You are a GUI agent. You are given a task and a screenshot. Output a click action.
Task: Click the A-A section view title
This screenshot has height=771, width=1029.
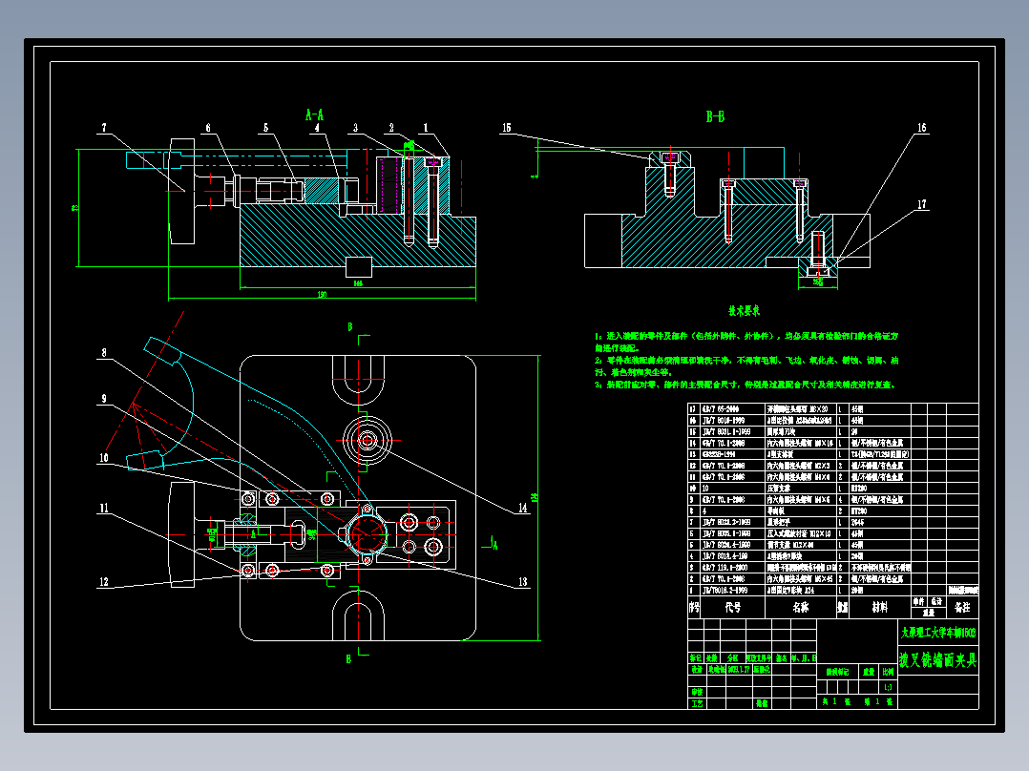pyautogui.click(x=314, y=115)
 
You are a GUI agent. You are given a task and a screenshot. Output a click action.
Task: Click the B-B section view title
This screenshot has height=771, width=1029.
pyautogui.click(x=715, y=117)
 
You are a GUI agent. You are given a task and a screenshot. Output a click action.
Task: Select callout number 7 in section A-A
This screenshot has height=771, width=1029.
pyautogui.click(x=105, y=126)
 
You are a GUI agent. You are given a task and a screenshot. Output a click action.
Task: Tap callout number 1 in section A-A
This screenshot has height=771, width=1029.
pyautogui.click(x=426, y=126)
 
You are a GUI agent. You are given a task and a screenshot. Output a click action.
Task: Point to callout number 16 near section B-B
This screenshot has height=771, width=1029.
pyautogui.click(x=921, y=127)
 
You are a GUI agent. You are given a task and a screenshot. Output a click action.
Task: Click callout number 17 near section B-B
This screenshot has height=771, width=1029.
pyautogui.click(x=921, y=203)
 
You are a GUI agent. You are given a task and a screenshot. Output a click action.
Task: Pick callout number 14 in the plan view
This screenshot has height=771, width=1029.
pyautogui.click(x=522, y=509)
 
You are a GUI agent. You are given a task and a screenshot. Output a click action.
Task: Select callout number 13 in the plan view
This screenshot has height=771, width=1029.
pyautogui.click(x=522, y=582)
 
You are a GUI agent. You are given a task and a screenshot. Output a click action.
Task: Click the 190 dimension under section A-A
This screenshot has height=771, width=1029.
pyautogui.click(x=322, y=295)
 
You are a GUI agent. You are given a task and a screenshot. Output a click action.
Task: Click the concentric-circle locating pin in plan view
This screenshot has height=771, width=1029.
pyautogui.click(x=367, y=440)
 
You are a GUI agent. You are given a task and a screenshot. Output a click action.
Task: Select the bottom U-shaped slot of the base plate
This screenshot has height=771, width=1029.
pyautogui.click(x=357, y=615)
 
